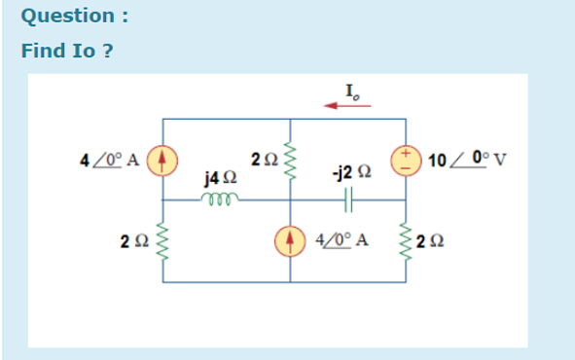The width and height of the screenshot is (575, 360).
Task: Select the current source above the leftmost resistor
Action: point(163,157)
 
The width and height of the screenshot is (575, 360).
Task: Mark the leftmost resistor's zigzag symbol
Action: point(163,240)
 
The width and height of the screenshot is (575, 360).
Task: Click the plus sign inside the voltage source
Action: point(401,153)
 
